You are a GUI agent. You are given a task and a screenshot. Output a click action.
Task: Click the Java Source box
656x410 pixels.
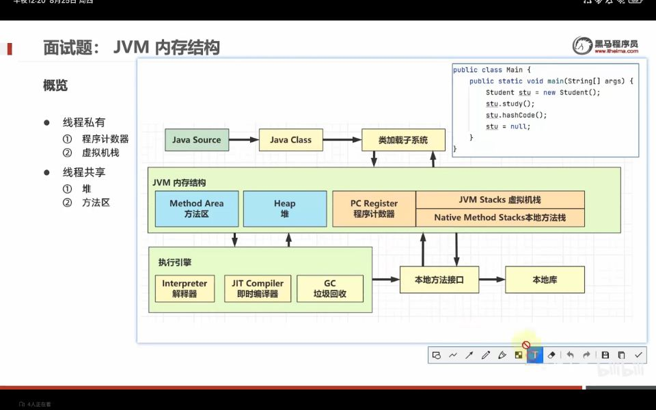click(x=197, y=140)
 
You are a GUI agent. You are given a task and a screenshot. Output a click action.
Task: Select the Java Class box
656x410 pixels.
click(x=290, y=140)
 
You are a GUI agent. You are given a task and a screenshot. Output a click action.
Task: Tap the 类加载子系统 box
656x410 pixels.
click(x=403, y=140)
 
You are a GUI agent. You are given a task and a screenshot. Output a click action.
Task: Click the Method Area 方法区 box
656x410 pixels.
click(x=196, y=208)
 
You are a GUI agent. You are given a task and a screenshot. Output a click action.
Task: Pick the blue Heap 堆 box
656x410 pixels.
click(x=284, y=208)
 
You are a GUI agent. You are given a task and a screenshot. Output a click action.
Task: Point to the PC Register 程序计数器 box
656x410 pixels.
click(x=374, y=208)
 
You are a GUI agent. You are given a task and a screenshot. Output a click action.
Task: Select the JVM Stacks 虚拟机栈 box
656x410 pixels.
click(x=500, y=200)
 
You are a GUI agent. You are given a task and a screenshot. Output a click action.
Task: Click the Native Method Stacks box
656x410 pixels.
click(x=500, y=218)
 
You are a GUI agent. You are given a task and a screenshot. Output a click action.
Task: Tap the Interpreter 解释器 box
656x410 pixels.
click(x=184, y=288)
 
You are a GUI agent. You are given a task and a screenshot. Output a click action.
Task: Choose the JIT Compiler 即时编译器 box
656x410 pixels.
click(x=258, y=288)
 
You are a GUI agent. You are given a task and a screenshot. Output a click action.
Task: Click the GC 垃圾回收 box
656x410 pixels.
click(x=329, y=288)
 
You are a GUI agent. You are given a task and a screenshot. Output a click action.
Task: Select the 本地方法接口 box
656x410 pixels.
click(x=439, y=280)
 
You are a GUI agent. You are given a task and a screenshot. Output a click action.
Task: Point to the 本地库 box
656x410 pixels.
click(x=545, y=280)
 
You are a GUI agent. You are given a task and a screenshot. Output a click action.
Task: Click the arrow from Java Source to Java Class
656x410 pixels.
click(x=243, y=140)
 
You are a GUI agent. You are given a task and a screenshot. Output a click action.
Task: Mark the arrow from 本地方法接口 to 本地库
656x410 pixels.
click(x=492, y=280)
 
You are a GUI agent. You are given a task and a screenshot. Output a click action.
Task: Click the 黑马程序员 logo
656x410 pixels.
click(x=605, y=46)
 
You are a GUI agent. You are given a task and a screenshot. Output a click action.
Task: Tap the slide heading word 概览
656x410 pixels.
click(x=55, y=86)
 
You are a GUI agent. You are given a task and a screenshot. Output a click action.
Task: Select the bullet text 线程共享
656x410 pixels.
click(x=84, y=172)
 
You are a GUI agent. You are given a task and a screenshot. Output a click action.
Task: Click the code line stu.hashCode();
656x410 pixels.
click(x=516, y=115)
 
